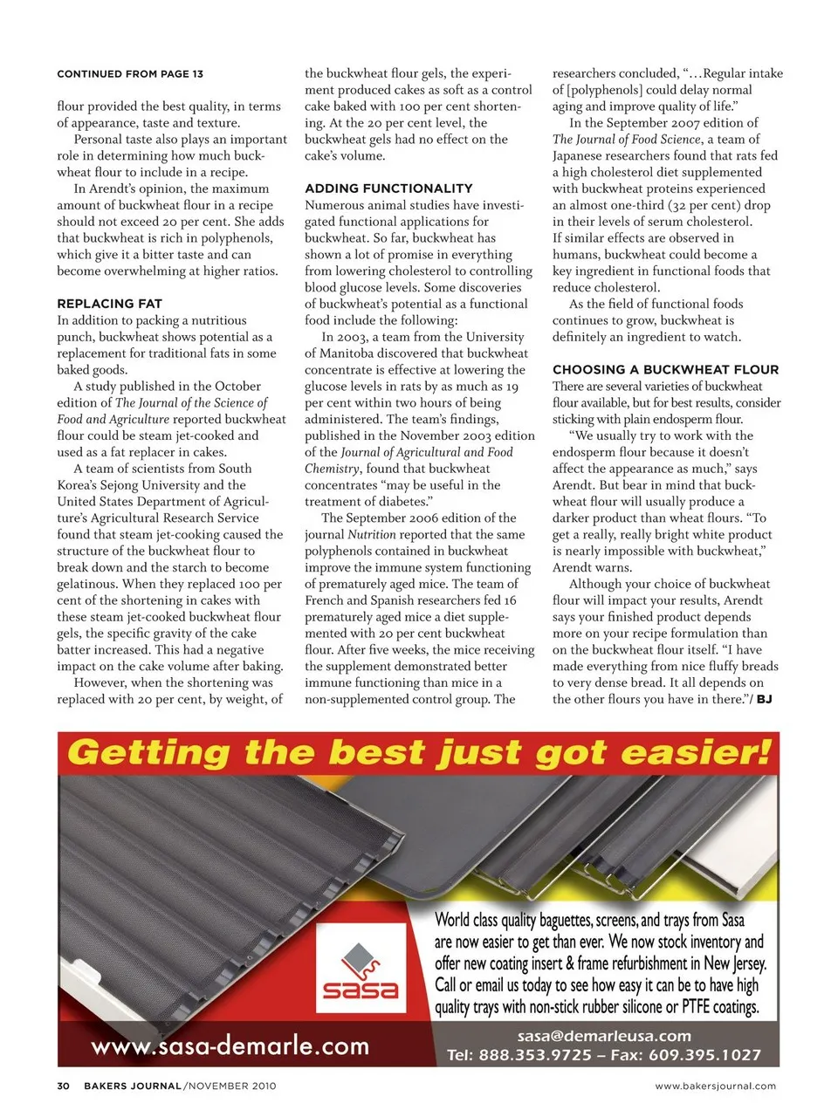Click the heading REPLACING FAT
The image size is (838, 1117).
[x=109, y=304]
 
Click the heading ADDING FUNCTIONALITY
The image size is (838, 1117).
[x=388, y=188]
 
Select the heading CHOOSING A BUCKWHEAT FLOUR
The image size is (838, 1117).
[x=665, y=370]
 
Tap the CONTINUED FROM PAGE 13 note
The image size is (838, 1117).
[x=130, y=74]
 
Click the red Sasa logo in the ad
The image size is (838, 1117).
[x=361, y=970]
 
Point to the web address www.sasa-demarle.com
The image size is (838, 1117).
[x=230, y=1045]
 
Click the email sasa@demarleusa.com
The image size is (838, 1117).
[x=604, y=1036]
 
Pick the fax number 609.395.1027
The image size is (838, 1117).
[x=703, y=1055]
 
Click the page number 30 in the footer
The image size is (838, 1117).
[x=63, y=1086]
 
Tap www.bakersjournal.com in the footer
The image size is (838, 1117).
[x=715, y=1086]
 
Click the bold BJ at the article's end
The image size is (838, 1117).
[x=764, y=699]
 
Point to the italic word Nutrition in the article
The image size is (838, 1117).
[x=372, y=534]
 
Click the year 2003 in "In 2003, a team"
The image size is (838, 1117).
[x=353, y=337]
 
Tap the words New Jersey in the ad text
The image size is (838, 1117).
[x=734, y=963]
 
